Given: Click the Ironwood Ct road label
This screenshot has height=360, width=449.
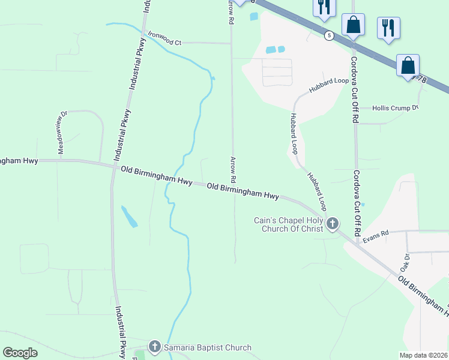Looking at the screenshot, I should click(x=164, y=42).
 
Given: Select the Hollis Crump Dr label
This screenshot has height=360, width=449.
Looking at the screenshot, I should click(x=394, y=108).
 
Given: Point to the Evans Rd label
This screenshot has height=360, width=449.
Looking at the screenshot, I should click(x=376, y=235).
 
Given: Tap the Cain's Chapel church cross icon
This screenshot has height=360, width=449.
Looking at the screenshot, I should click(x=332, y=224).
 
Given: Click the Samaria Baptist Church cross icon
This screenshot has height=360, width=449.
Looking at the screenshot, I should click(x=154, y=347).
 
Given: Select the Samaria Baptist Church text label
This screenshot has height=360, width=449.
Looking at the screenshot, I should click(x=207, y=347).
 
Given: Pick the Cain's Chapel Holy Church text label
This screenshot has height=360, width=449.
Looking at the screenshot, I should click(x=288, y=224).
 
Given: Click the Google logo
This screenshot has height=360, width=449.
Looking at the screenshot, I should click(x=20, y=353).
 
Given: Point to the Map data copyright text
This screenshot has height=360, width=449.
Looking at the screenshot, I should click(x=423, y=355).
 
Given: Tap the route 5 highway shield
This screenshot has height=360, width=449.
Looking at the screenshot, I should click(x=329, y=35).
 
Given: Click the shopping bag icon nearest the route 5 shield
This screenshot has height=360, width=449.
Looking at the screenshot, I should click(x=353, y=25).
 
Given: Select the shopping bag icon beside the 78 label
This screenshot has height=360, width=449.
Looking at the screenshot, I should click(x=408, y=66).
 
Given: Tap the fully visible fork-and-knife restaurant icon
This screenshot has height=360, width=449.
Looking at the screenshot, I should click(x=388, y=28).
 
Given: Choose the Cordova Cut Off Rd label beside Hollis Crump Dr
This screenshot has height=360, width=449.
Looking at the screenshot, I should click(x=354, y=90).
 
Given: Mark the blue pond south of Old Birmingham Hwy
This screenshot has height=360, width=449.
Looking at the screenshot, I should click(x=129, y=217).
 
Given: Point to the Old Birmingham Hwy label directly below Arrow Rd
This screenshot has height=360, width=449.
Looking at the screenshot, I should click(x=243, y=191).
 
